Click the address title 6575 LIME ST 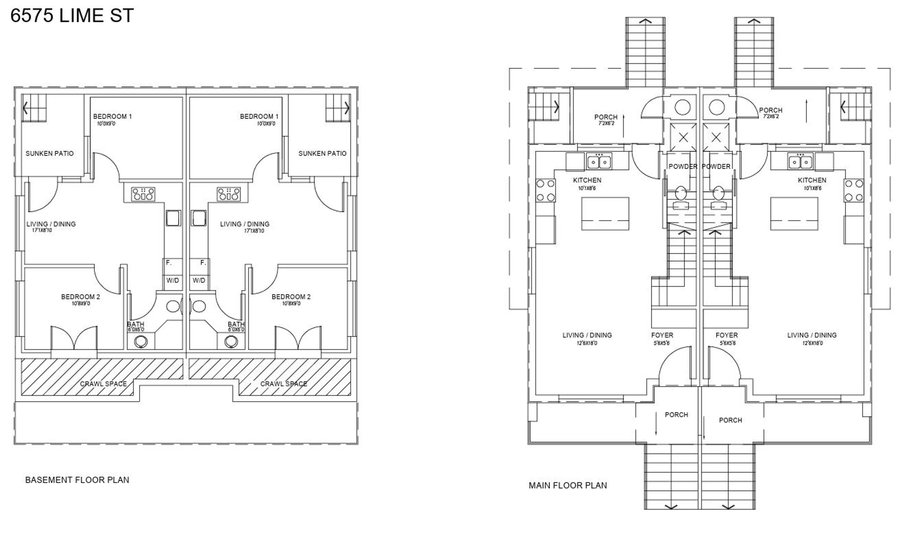(72, 16)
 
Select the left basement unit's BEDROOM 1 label (112, 116)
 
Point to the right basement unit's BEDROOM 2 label (291, 297)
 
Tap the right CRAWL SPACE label (284, 384)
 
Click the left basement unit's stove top (143, 194)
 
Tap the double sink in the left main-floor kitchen (599, 162)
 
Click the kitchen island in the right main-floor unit (794, 213)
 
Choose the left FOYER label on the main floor (662, 335)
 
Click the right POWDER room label (716, 166)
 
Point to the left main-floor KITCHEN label (587, 180)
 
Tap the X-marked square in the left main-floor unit (683, 137)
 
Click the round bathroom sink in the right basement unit (199, 307)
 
